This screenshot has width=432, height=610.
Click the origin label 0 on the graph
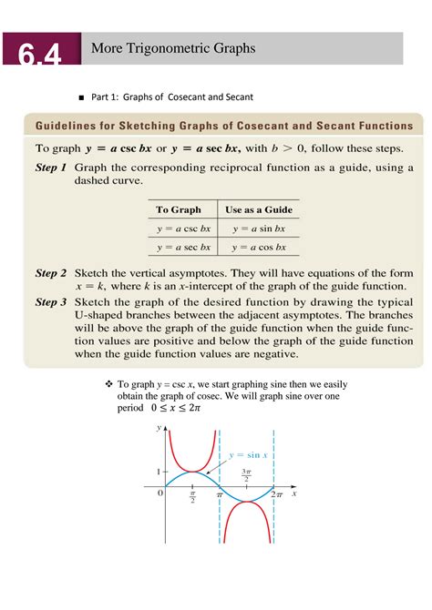159,493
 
